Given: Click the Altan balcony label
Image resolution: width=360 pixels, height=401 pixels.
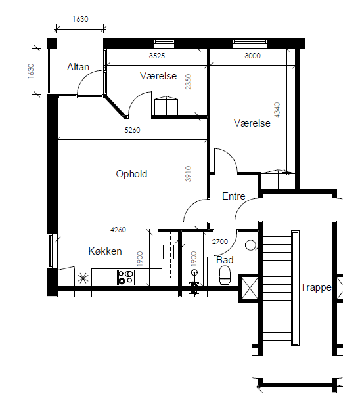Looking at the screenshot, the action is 78,67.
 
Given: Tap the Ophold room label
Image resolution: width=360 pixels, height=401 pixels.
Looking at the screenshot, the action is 131,174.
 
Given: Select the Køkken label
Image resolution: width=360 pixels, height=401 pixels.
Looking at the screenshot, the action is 105,251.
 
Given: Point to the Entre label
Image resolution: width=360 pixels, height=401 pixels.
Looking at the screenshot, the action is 233,196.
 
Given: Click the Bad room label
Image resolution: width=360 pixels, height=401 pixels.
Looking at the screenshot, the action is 225,260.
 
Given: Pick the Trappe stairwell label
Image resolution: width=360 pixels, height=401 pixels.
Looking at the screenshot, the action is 316,287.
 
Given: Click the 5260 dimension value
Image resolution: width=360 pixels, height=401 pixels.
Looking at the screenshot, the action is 133,130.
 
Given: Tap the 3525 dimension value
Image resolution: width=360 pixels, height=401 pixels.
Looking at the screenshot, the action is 157,56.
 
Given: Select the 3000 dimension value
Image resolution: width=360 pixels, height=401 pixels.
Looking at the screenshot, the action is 252,56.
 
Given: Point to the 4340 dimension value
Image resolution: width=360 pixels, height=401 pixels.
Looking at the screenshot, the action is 277,110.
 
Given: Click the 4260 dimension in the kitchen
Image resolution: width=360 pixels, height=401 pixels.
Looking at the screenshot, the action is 118,230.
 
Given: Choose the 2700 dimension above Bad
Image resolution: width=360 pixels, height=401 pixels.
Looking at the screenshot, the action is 220,242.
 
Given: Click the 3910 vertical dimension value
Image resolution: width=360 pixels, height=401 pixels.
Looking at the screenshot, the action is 188,174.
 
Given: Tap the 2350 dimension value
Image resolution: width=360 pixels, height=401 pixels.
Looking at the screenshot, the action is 188,82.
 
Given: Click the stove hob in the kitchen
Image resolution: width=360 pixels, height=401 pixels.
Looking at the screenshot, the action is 126,278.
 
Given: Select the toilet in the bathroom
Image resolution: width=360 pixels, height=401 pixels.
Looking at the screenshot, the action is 225,275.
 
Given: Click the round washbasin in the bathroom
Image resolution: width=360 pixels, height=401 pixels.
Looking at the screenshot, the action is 250,245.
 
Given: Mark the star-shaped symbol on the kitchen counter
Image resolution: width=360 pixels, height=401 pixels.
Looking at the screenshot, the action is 83,278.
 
